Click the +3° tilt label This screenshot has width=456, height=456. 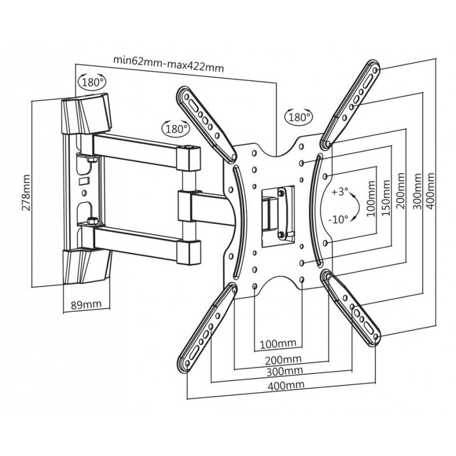point(340,191)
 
